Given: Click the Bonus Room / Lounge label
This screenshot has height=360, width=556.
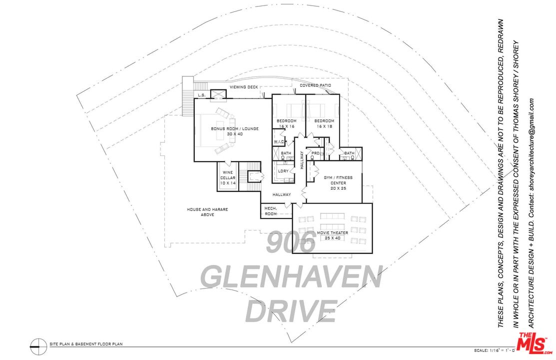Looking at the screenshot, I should [227, 131].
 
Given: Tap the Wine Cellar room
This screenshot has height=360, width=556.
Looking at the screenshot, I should [228, 177].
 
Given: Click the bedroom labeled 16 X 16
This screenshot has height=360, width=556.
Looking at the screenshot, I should [286, 123].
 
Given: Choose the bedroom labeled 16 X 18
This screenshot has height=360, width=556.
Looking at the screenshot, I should [324, 123].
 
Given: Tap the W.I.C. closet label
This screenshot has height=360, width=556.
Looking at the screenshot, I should [279, 142].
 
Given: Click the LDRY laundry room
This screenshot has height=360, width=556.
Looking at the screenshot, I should [283, 171].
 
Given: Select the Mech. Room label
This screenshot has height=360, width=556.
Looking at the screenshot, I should [271, 210].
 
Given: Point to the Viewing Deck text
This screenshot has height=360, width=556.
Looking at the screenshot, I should [244, 87].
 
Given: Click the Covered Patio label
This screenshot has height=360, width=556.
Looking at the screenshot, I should [315, 85].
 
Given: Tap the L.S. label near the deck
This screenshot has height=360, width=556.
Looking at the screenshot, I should [202, 94].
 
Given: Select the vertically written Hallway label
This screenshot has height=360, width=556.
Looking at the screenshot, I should [302, 161].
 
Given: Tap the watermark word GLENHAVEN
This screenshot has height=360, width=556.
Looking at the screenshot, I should [291, 276].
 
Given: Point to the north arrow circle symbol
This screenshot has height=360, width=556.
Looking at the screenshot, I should [35, 344].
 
